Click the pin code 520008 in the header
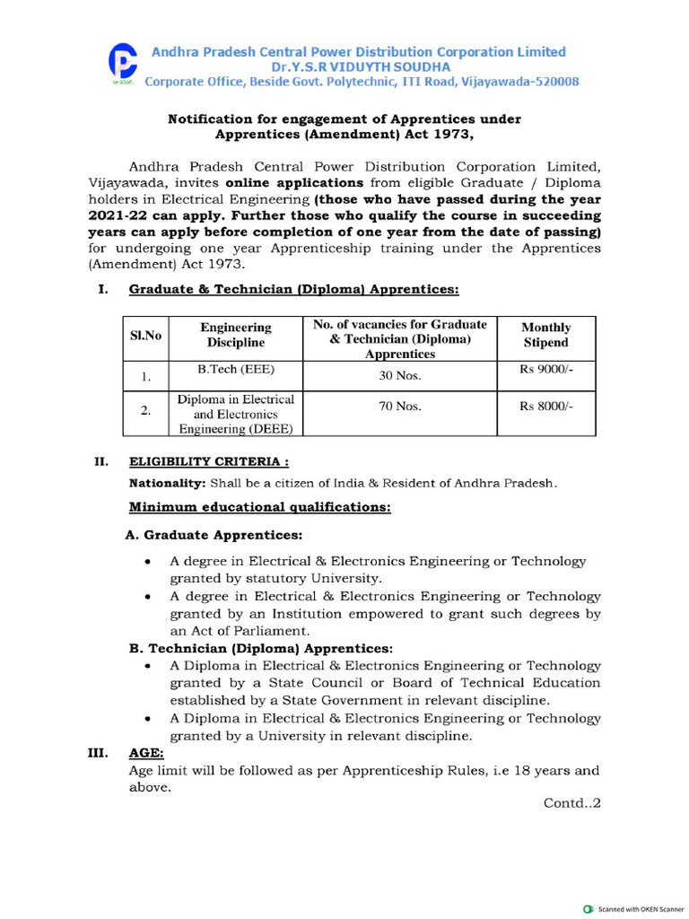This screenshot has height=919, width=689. pyautogui.click(x=553, y=82)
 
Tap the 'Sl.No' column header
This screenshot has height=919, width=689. pyautogui.click(x=145, y=335)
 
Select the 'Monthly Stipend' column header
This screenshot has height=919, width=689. pyautogui.click(x=545, y=335)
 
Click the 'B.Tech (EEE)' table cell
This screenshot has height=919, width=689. pyautogui.click(x=236, y=369)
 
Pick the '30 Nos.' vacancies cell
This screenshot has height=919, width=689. pyautogui.click(x=399, y=376)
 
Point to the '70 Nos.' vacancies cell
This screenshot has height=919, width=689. pyautogui.click(x=399, y=407)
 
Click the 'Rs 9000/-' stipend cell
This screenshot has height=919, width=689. pyautogui.click(x=545, y=369)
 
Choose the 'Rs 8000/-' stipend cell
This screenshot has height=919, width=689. pyautogui.click(x=545, y=407)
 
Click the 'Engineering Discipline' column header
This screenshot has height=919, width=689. pyautogui.click(x=236, y=335)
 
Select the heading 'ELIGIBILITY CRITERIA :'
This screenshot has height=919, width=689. pyautogui.click(x=209, y=462)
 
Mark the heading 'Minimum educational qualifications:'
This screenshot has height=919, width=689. pyautogui.click(x=260, y=508)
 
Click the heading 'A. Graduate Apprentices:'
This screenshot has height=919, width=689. pyautogui.click(x=214, y=535)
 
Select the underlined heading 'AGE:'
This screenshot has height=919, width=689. pyautogui.click(x=146, y=753)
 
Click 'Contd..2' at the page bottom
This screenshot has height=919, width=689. pyautogui.click(x=571, y=803)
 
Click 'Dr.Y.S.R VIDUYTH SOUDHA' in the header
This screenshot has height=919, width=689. pyautogui.click(x=356, y=67)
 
